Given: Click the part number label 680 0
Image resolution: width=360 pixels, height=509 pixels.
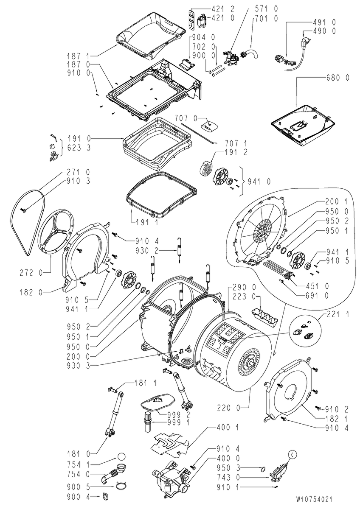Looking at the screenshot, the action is click(x=337, y=78).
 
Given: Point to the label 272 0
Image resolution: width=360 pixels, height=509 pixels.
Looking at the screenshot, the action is click(x=31, y=273).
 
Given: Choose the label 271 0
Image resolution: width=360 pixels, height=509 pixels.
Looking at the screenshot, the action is click(x=79, y=172).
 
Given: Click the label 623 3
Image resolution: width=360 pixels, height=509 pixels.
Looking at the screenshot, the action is click(x=79, y=148).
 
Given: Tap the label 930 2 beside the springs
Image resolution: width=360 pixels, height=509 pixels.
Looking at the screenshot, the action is click(x=147, y=251).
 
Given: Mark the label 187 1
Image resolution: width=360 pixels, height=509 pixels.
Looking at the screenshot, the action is click(x=79, y=56).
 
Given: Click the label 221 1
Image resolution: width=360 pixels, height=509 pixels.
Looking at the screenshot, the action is click(x=338, y=314).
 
